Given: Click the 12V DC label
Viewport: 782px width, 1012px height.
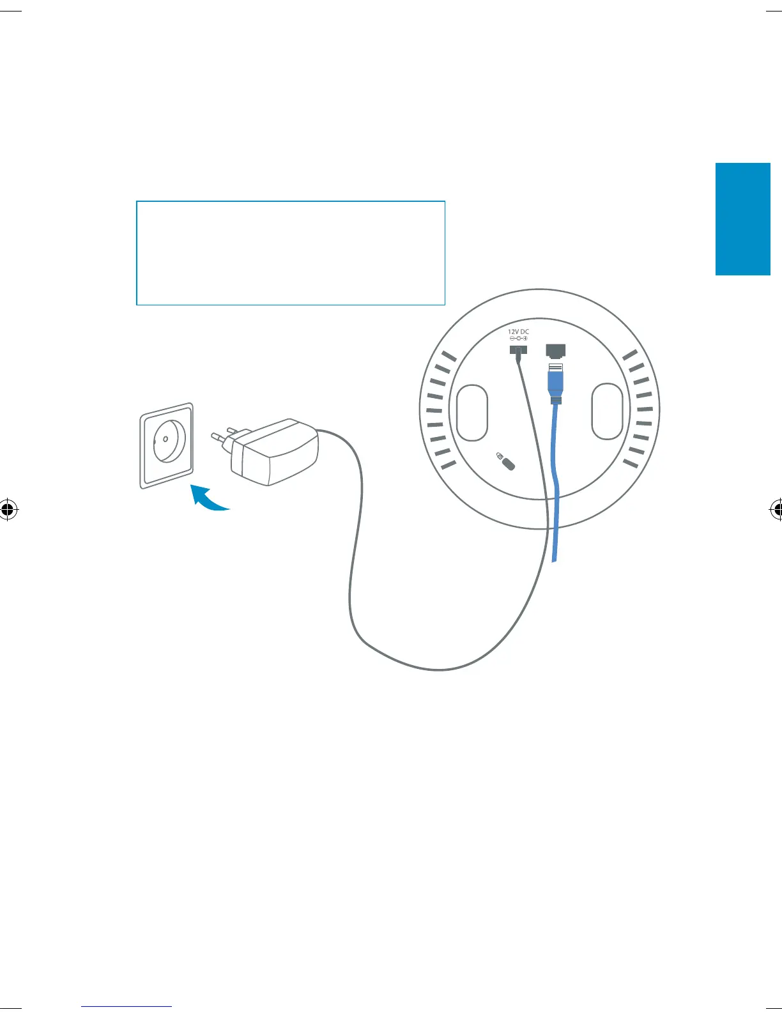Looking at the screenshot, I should [x=518, y=332].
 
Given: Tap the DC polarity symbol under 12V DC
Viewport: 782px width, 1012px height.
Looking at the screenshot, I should [x=518, y=339].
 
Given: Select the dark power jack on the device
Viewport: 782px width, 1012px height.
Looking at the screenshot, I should [x=518, y=350].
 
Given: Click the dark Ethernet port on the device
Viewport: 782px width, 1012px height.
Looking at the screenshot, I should [x=555, y=351].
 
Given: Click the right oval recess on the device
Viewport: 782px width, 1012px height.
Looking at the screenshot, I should [x=607, y=411].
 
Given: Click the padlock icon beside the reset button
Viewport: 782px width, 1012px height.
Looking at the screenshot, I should [x=499, y=456].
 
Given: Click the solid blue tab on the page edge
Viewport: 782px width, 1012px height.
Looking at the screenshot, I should [x=742, y=219].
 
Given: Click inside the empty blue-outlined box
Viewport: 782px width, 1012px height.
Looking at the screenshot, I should [x=291, y=253].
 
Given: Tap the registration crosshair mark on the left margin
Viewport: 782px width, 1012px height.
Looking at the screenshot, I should [x=7, y=509].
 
